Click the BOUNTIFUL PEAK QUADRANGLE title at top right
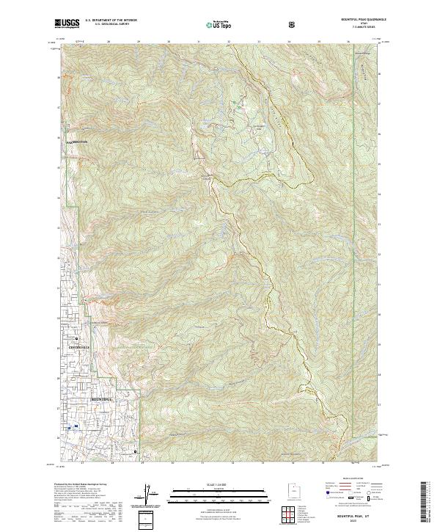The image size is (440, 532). pyautogui.click(x=358, y=20)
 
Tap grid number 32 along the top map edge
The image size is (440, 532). pyautogui.click(x=229, y=43)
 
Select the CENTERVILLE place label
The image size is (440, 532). pyautogui.click(x=78, y=345)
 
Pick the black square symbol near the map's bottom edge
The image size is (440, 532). pyautogui.click(x=136, y=451)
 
